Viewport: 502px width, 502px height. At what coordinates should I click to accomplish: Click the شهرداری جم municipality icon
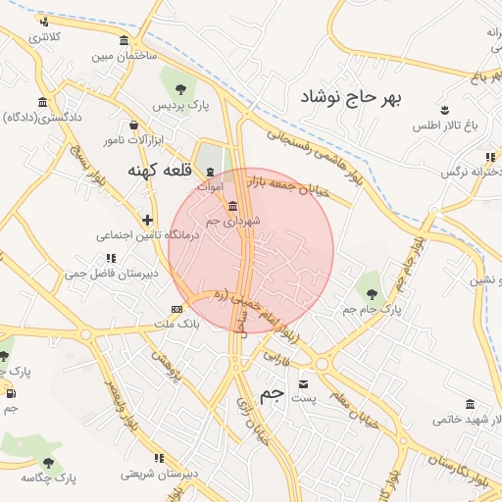[x=232, y=206]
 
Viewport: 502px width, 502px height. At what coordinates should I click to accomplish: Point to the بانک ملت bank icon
[x=176, y=309]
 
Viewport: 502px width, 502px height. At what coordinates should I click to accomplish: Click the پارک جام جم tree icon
[x=370, y=292]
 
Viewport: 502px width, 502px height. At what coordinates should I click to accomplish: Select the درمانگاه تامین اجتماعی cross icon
[x=147, y=220]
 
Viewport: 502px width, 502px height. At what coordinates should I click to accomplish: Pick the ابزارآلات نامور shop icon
[x=134, y=125]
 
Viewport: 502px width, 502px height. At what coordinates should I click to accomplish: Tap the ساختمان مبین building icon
[x=123, y=40]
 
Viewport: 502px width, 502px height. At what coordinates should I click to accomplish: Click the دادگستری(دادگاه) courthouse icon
[x=42, y=102]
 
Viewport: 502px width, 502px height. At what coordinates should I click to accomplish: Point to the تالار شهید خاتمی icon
[x=471, y=405]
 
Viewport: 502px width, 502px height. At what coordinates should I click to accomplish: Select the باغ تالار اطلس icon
[x=446, y=110]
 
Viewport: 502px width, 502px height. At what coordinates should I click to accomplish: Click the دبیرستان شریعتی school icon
[x=159, y=458]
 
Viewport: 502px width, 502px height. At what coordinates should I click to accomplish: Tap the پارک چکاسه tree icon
[x=48, y=463]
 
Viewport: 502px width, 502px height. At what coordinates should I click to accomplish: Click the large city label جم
[x=272, y=394]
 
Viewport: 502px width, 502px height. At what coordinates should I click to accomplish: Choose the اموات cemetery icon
[x=210, y=172]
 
